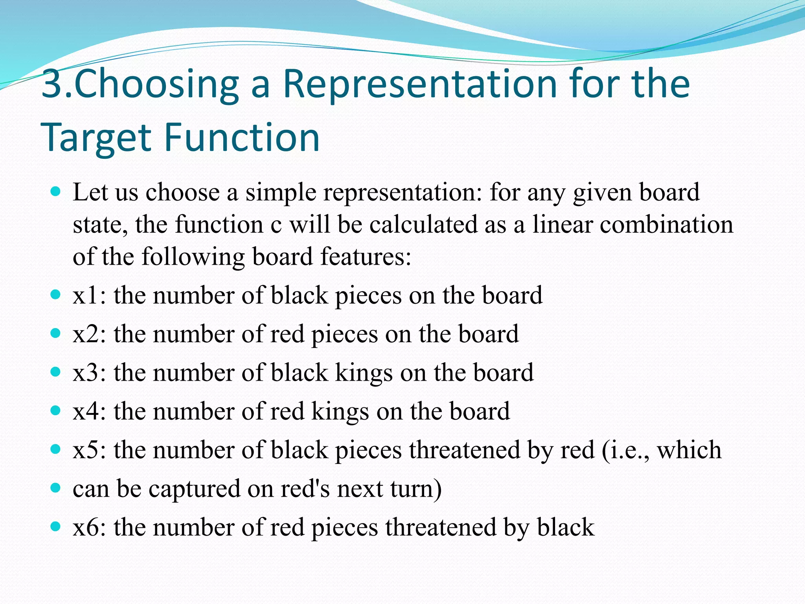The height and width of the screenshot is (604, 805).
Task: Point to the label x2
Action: (x=87, y=334)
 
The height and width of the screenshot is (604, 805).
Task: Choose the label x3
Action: (x=87, y=372)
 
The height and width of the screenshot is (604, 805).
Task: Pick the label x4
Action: (x=87, y=411)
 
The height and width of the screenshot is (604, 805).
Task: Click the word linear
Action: (x=562, y=225)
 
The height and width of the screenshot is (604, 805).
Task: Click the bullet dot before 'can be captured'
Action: (x=56, y=488)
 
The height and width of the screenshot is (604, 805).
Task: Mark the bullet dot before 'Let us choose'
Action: (x=56, y=192)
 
